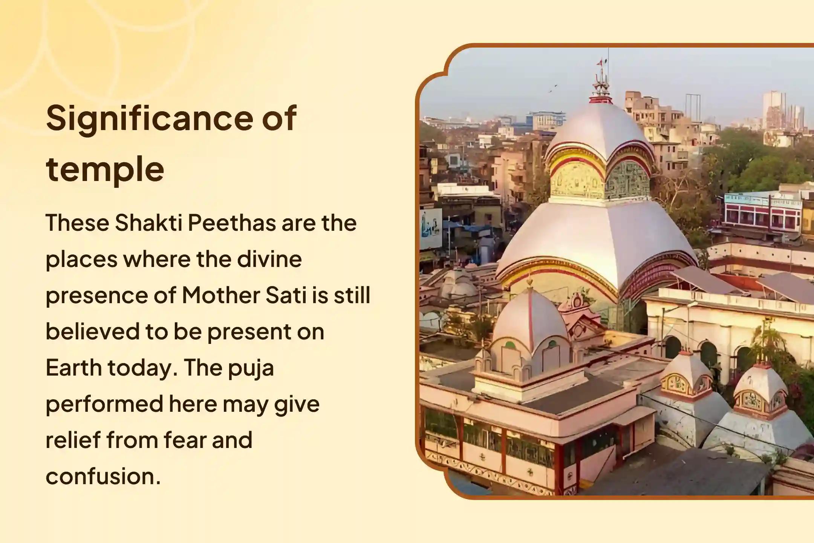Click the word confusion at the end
pyautogui.click(x=103, y=476)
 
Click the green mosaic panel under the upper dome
pyautogui.click(x=627, y=180)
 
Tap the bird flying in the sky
pyautogui.click(x=553, y=89)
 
